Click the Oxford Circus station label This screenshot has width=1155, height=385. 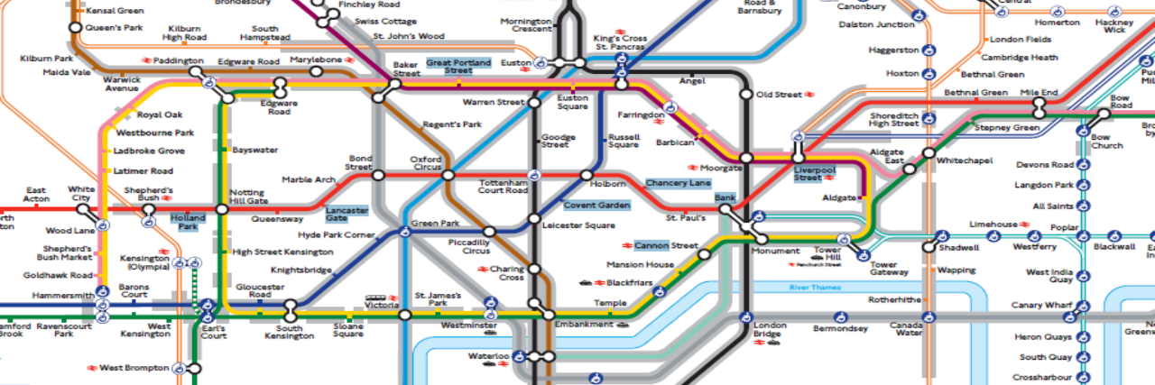(x=427, y=163)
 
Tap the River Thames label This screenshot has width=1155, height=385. (x=815, y=288)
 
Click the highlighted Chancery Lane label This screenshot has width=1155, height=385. (x=678, y=183)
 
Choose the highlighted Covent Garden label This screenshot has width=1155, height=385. (x=596, y=206)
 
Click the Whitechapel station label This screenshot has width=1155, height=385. (x=965, y=160)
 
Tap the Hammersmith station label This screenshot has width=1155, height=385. (x=62, y=294)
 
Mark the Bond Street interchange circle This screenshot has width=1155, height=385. (x=378, y=175)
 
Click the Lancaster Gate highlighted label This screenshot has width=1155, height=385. (x=346, y=214)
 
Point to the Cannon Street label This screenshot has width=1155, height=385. (x=666, y=245)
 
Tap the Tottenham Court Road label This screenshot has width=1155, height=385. (x=503, y=187)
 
